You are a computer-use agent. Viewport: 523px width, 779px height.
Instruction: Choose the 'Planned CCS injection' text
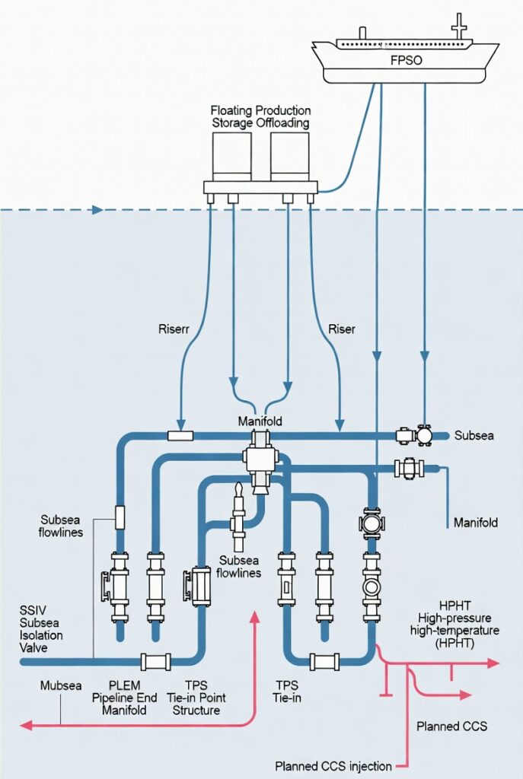pyautogui.click(x=333, y=765)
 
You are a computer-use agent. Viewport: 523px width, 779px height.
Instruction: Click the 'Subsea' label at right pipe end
pyautogui.click(x=474, y=436)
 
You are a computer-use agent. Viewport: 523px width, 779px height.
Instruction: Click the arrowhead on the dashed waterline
pyautogui.click(x=97, y=209)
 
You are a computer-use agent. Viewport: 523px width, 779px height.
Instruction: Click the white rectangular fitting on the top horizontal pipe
pyautogui.click(x=180, y=436)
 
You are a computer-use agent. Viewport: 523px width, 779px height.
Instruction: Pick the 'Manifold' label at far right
pyautogui.click(x=475, y=523)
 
